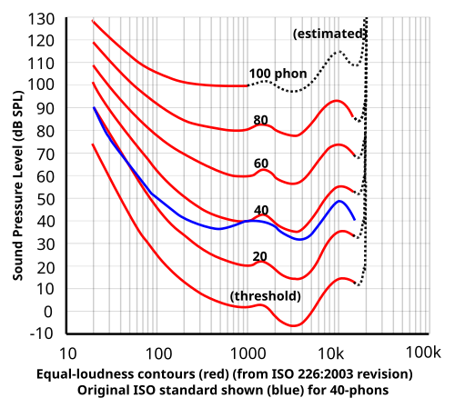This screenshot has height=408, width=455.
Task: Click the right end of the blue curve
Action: coord(355,220)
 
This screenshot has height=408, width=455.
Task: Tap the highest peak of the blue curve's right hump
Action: coord(341,201)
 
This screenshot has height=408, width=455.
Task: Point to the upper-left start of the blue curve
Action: coord(94,108)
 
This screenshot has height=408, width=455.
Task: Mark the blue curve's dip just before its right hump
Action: coord(301,239)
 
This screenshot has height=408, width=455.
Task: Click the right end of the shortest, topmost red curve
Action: coord(246,85)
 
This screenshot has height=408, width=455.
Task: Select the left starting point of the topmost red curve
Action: coord(92,20)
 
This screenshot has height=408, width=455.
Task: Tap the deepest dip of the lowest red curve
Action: coord(293,325)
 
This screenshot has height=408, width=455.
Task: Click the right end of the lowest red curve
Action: coord(354,283)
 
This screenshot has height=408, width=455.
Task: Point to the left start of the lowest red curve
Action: coord(92,144)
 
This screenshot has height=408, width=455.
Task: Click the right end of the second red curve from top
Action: coord(353,116)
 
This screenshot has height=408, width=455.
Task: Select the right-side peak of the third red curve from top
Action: coord(339,144)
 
